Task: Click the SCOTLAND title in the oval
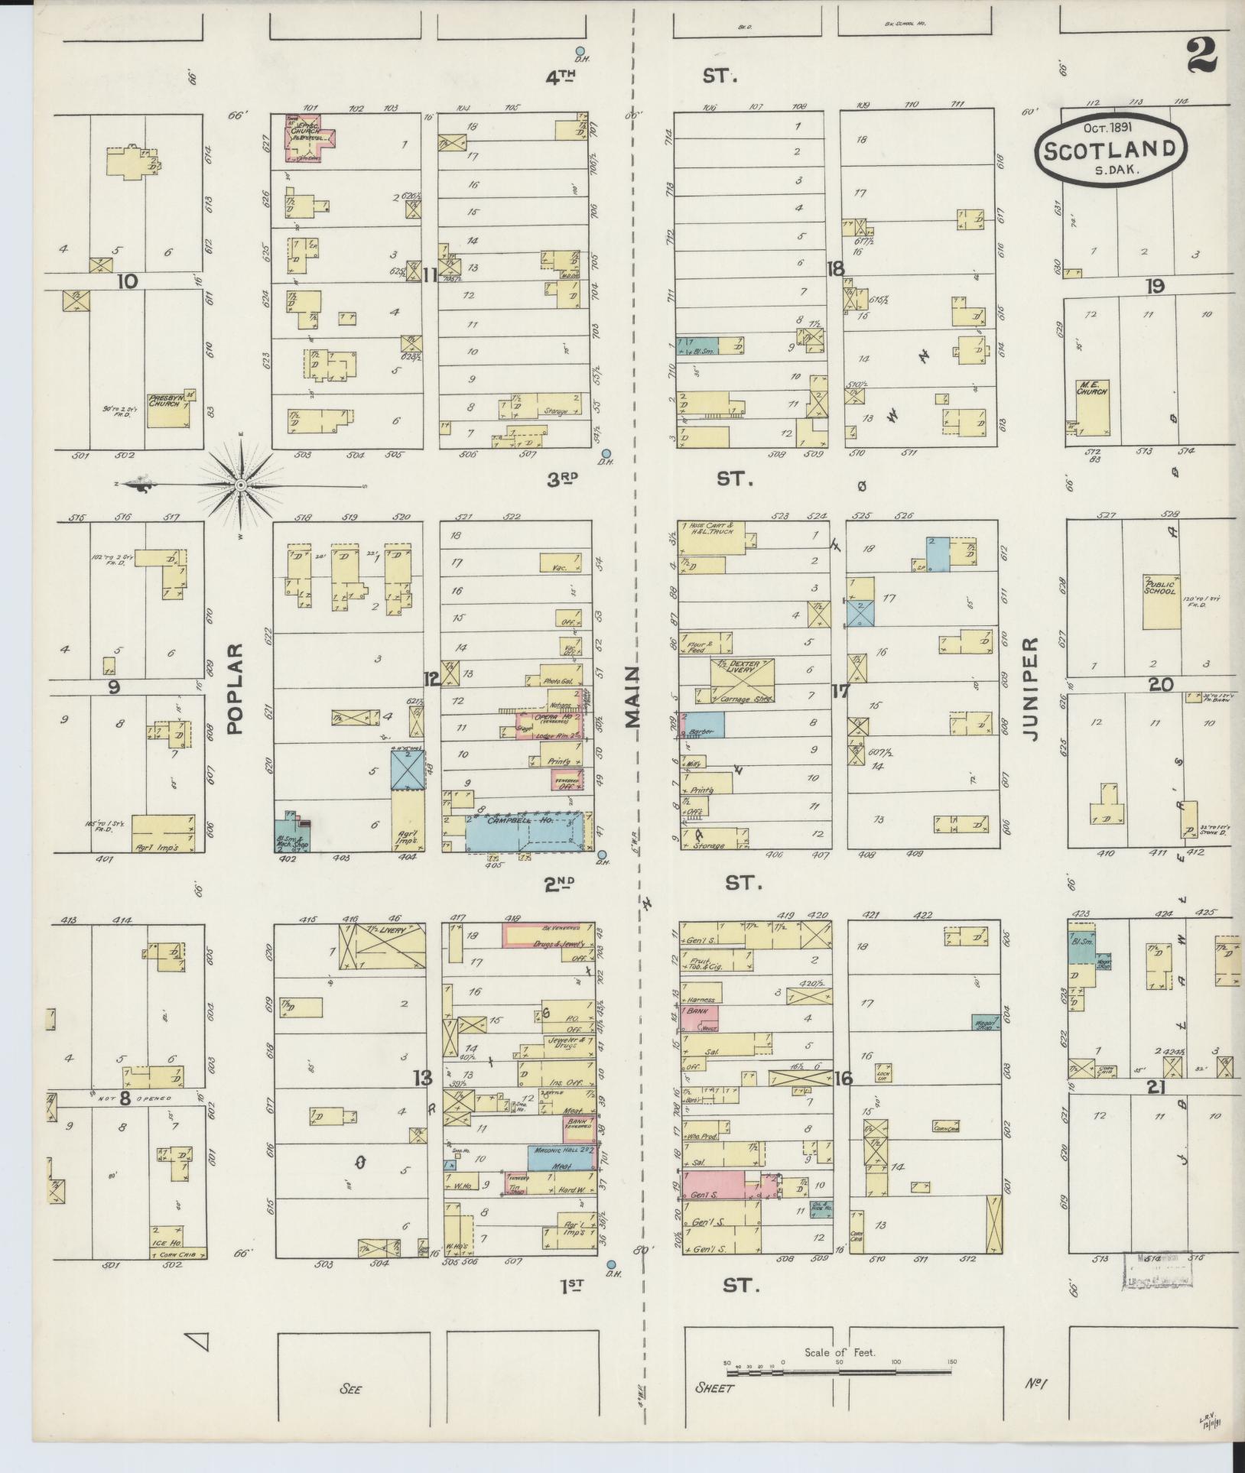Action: pos(1110,148)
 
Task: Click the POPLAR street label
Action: pos(235,688)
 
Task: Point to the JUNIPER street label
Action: pos(1032,688)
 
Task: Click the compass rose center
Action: pos(241,485)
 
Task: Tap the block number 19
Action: pos(1154,287)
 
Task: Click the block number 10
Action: pos(127,281)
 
